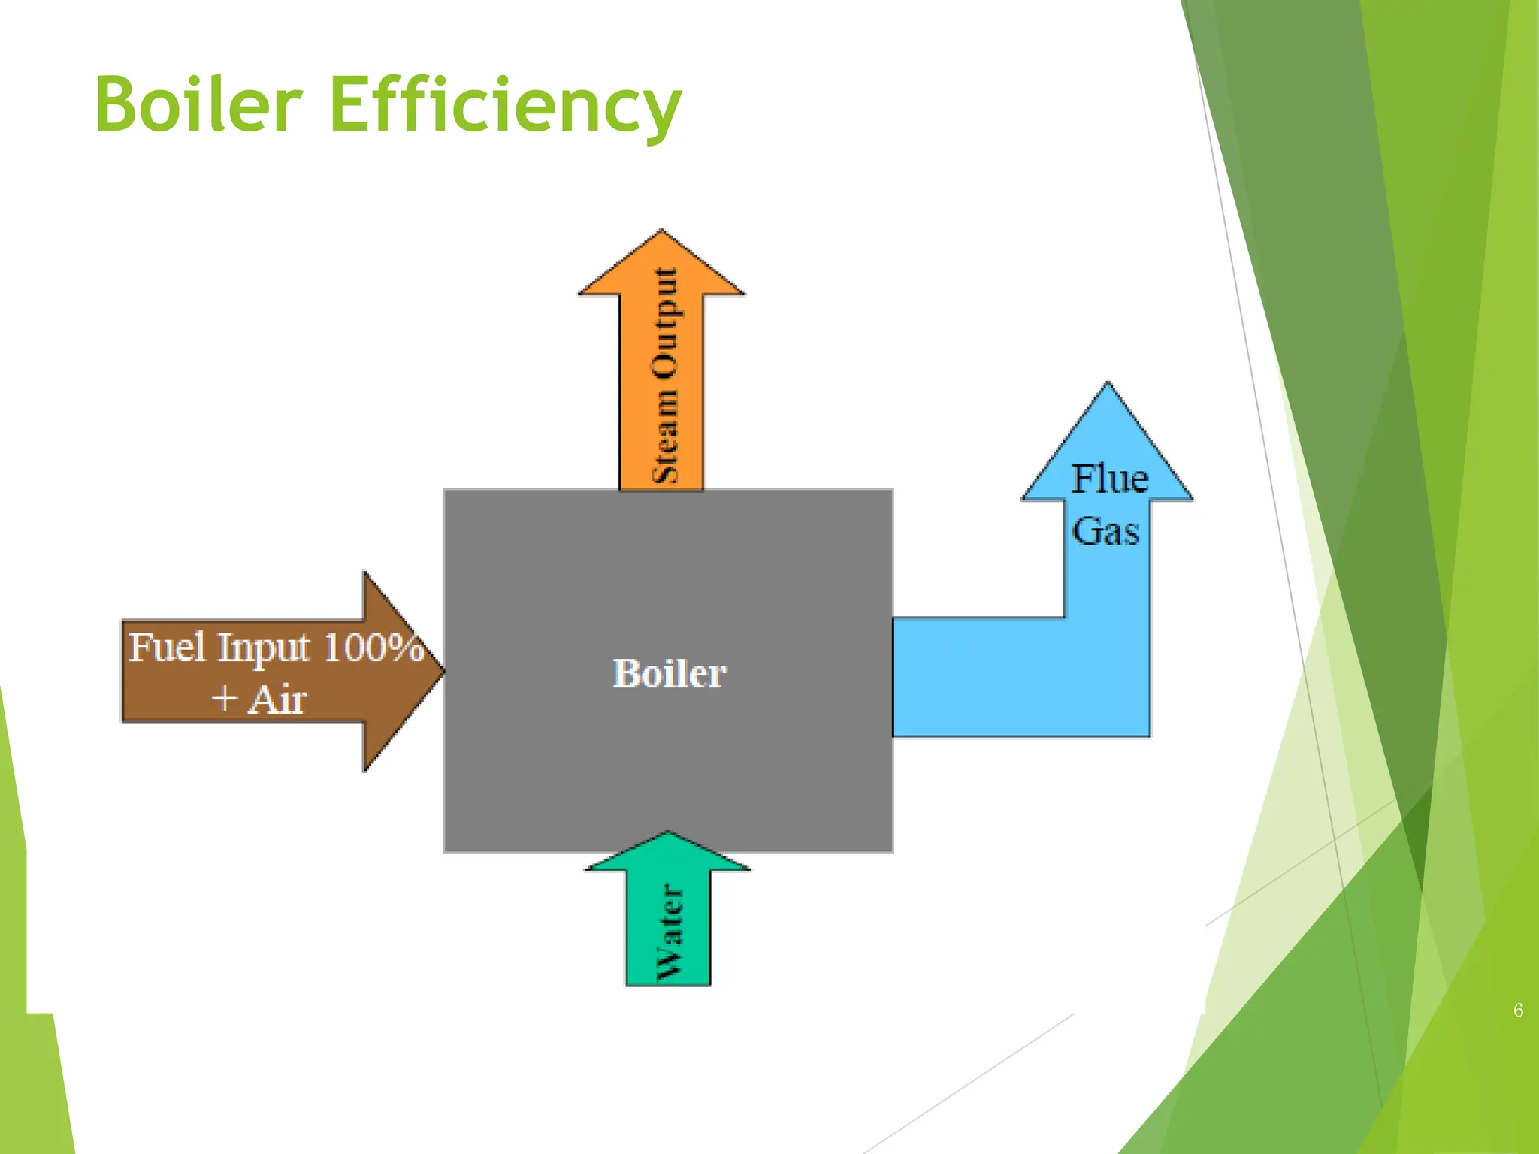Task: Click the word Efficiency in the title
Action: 505,105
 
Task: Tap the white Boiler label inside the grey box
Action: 669,673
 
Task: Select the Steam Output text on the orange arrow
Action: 664,376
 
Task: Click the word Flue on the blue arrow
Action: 1109,479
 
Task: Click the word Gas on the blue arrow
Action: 1105,532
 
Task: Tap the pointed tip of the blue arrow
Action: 1108,385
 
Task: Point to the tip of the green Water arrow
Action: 668,834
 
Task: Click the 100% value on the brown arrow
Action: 373,648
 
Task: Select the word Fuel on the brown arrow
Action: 166,648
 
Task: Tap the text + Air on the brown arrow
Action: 259,699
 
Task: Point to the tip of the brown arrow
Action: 442,671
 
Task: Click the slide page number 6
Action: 1518,1010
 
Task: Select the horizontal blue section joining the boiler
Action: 977,676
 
